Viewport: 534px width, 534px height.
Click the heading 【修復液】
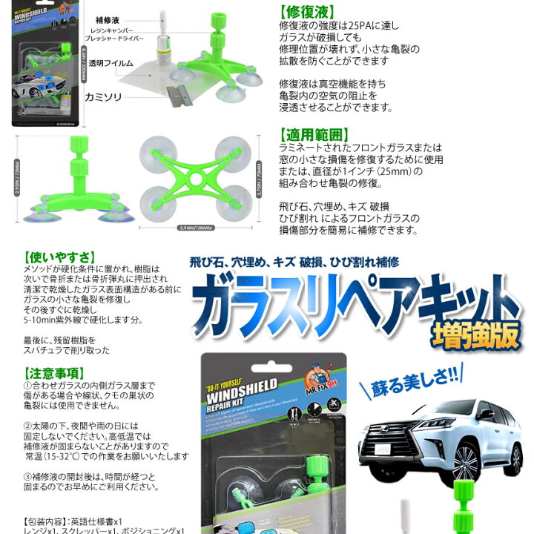[306, 12]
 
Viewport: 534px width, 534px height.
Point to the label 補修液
[109, 20]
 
